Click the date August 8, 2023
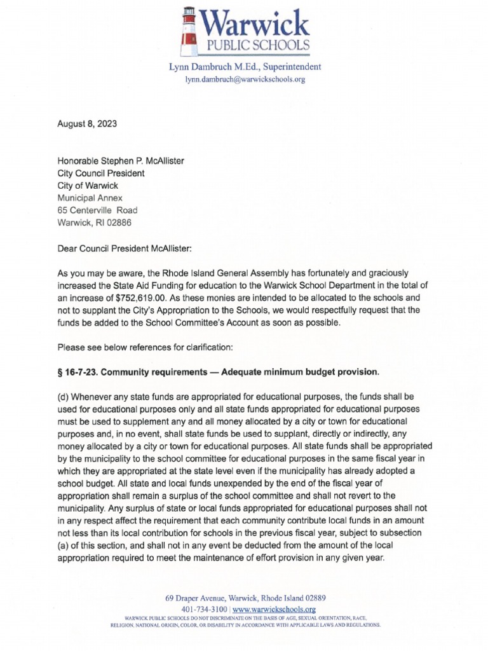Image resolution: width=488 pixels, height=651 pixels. [87, 124]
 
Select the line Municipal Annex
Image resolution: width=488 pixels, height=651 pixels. [94, 197]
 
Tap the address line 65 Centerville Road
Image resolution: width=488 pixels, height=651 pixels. [97, 210]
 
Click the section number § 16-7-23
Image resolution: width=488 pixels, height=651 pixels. [79, 371]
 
